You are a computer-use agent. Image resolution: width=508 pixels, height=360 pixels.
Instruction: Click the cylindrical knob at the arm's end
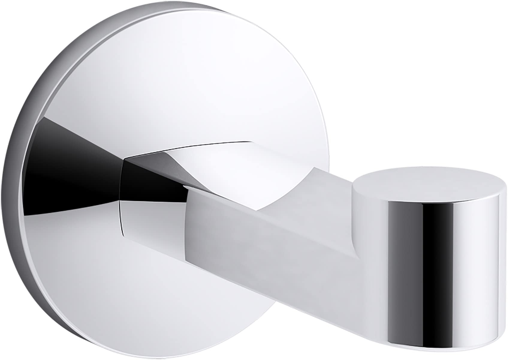[429, 228]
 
